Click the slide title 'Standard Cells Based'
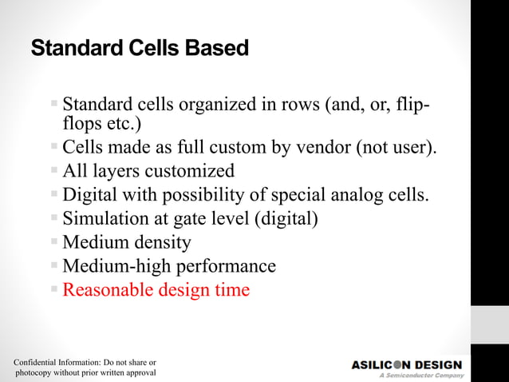140,49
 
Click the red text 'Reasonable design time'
156,289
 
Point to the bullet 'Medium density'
127,242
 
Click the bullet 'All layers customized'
148,171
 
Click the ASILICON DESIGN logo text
406,365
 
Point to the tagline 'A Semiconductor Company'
420,376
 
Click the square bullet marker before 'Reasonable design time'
54,288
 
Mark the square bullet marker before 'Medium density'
54,241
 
